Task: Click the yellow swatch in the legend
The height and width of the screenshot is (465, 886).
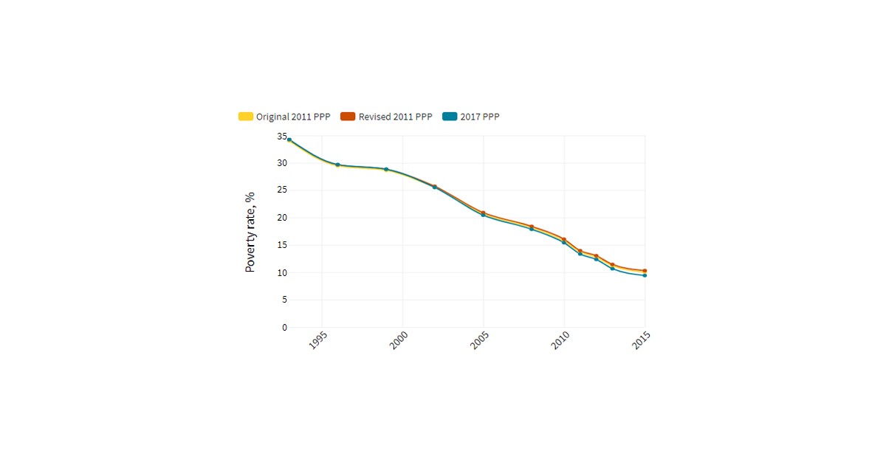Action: click(246, 117)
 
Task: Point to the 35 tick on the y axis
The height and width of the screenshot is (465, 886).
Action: click(282, 137)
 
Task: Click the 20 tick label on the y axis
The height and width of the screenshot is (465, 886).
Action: click(282, 218)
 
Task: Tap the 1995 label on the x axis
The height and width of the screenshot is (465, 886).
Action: click(318, 340)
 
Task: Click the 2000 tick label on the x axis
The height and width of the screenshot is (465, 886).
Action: click(399, 340)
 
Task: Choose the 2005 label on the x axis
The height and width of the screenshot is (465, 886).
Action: click(480, 340)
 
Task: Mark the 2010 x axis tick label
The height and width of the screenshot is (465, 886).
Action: click(560, 340)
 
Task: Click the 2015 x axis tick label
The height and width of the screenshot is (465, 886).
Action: click(642, 340)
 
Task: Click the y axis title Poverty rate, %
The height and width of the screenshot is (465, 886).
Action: click(250, 232)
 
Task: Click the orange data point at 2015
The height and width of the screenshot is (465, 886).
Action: click(645, 271)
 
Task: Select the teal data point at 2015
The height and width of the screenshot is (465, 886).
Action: click(645, 275)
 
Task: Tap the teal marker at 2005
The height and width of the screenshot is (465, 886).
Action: click(483, 215)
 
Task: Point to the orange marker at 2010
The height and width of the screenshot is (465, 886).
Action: click(564, 239)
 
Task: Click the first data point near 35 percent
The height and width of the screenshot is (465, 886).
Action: click(289, 139)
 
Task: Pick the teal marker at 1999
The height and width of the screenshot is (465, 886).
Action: click(386, 169)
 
